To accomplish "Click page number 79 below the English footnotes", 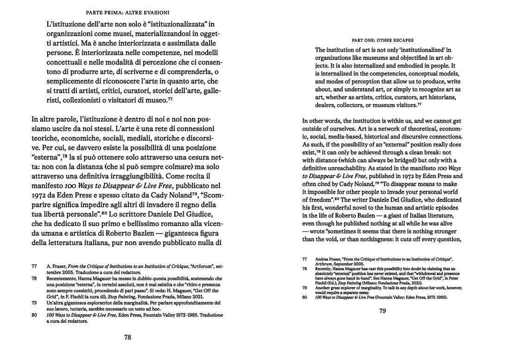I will click(x=382, y=311).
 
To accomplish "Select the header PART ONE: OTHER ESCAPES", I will click(x=382, y=40).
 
